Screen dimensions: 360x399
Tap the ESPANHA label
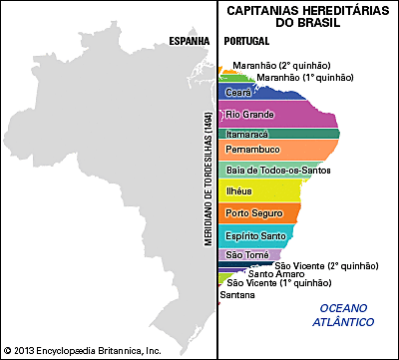pyautogui.click(x=188, y=41)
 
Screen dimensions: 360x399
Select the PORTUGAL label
pyautogui.click(x=249, y=41)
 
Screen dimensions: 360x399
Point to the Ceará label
pyautogui.click(x=238, y=92)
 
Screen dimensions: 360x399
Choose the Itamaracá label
pyautogui.click(x=247, y=133)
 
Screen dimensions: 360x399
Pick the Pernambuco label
pyautogui.click(x=253, y=149)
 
